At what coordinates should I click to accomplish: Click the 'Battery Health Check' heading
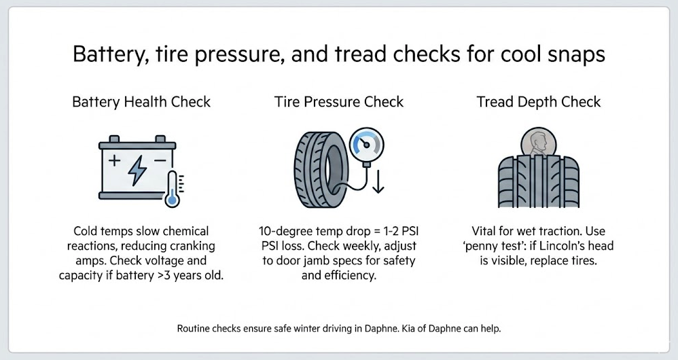click(x=141, y=102)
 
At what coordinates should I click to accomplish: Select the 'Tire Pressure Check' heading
click(x=339, y=102)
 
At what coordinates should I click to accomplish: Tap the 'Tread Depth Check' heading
click(x=539, y=102)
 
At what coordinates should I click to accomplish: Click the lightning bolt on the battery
click(x=137, y=170)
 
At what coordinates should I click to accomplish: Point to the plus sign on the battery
click(x=114, y=161)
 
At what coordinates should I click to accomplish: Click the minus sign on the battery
click(x=160, y=161)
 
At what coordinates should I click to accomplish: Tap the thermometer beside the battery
click(x=173, y=189)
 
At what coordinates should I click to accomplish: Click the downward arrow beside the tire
click(x=378, y=182)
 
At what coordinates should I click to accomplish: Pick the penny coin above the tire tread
click(x=539, y=142)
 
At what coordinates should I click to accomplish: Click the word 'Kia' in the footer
click(x=409, y=329)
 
